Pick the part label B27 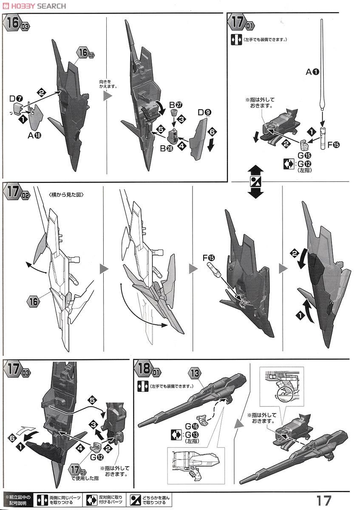pyautogui.click(x=175, y=105)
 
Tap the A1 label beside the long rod pyautogui.click(x=312, y=72)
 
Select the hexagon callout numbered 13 pyautogui.click(x=195, y=373)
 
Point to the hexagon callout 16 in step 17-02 pyautogui.click(x=32, y=302)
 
